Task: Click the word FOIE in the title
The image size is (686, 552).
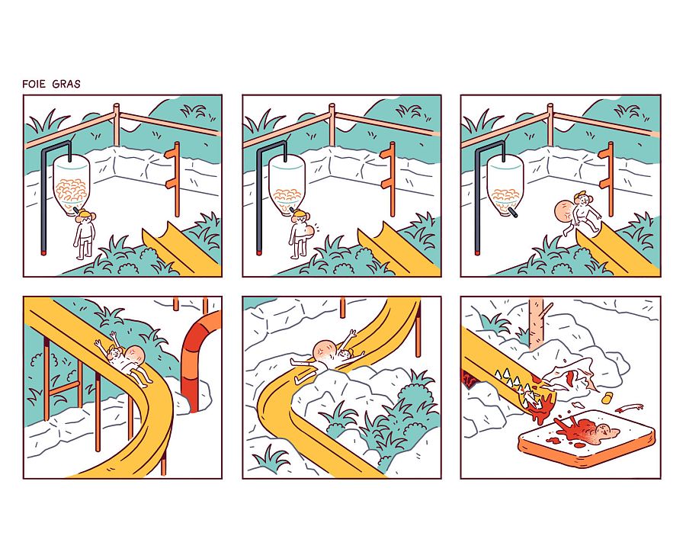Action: point(34,84)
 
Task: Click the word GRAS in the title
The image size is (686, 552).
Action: point(66,84)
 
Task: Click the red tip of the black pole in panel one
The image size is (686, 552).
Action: point(43,252)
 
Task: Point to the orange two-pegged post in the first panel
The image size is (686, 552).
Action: point(174,178)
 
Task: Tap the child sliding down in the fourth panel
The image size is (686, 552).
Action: point(126,359)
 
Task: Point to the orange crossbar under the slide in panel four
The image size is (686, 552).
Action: point(64,388)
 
